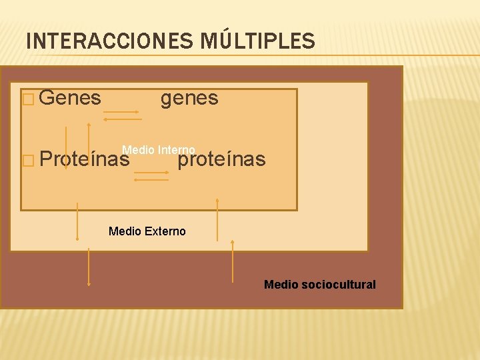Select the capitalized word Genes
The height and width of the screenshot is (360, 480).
(x=70, y=98)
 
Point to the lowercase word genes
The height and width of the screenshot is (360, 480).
(x=189, y=98)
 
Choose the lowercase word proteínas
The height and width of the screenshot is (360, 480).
(x=221, y=159)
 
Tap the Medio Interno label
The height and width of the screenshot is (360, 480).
(x=159, y=150)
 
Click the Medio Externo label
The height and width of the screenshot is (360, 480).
(x=147, y=231)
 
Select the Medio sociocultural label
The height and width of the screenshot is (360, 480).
(x=320, y=285)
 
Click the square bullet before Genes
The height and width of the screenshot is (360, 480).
(x=28, y=99)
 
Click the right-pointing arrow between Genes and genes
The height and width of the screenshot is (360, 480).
(x=121, y=112)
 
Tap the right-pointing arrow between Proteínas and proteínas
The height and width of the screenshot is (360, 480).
(x=151, y=172)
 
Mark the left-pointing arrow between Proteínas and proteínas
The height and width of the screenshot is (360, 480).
(x=151, y=179)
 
